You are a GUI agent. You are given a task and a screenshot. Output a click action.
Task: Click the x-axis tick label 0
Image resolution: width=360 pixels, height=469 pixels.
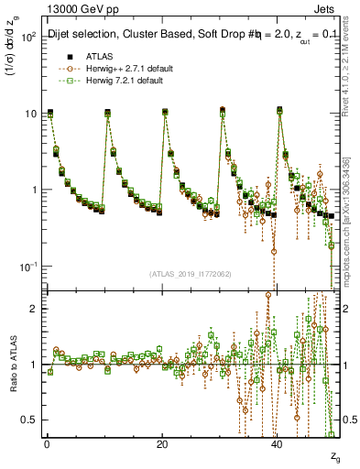pyautogui.click(x=47, y=444)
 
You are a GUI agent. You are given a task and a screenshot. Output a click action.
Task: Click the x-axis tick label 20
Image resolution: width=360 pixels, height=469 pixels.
pyautogui.click(x=162, y=444)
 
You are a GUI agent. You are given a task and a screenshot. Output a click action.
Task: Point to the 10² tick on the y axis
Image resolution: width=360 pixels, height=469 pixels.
pyautogui.click(x=29, y=38)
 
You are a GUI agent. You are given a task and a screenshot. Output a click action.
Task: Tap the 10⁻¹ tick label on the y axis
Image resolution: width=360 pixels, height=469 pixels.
pyautogui.click(x=29, y=267)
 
